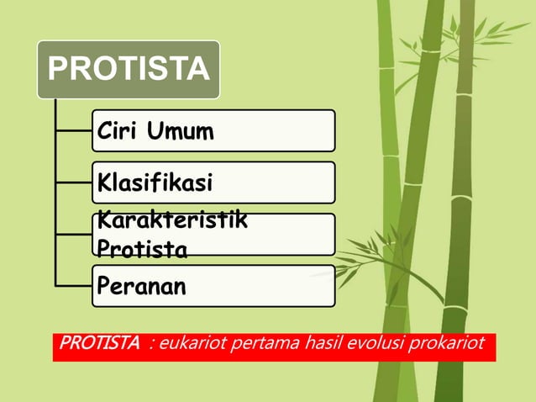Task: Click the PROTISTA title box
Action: coord(128,69)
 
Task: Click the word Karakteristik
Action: coord(172,221)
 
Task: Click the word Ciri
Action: coord(117,131)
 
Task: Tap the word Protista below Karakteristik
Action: coord(142,249)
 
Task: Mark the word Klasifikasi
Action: coord(155,182)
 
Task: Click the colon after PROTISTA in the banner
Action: coord(150,344)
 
